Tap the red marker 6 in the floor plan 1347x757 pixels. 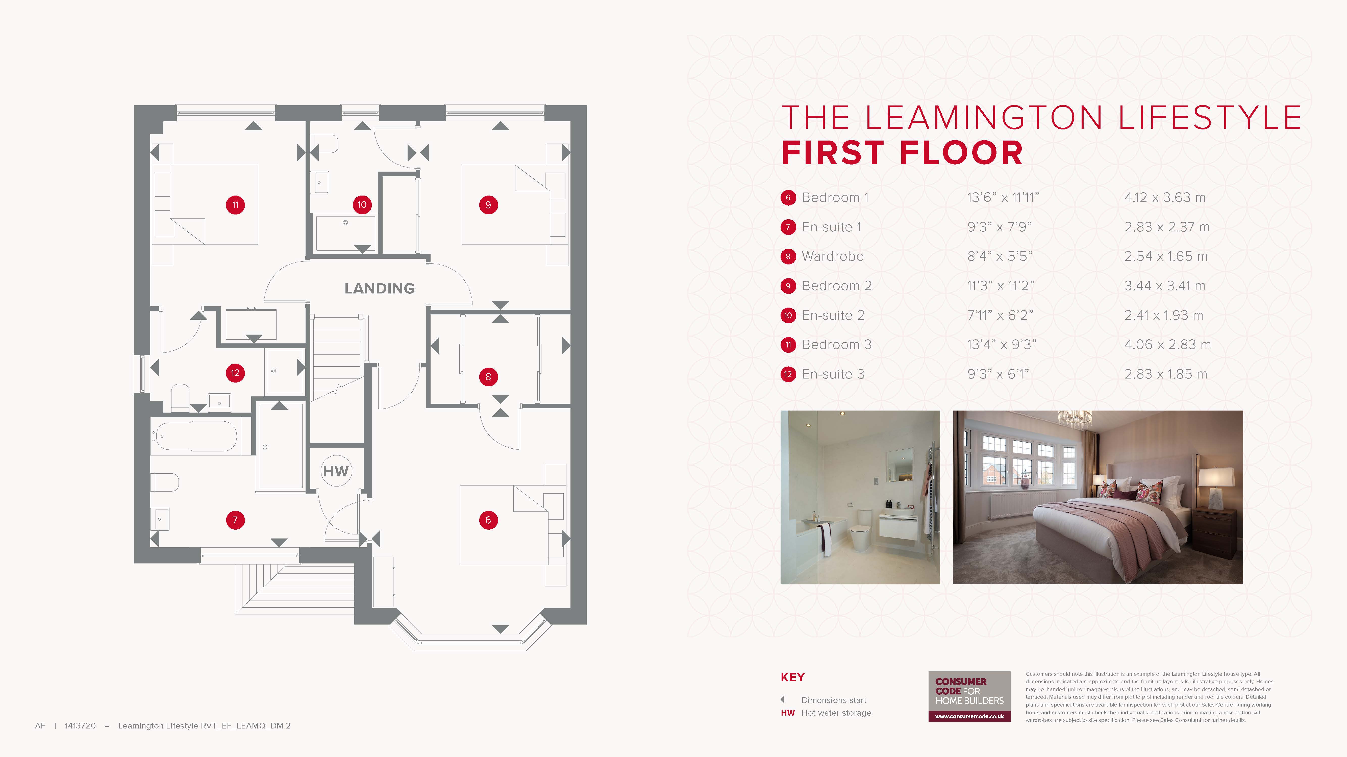click(x=488, y=520)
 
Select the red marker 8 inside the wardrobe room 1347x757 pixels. click(x=488, y=377)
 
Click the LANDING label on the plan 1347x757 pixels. click(x=380, y=288)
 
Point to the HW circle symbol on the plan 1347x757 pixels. click(x=336, y=471)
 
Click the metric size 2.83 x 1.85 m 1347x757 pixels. click(x=1165, y=374)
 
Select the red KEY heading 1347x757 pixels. click(x=792, y=678)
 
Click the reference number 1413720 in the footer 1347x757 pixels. click(x=80, y=726)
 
